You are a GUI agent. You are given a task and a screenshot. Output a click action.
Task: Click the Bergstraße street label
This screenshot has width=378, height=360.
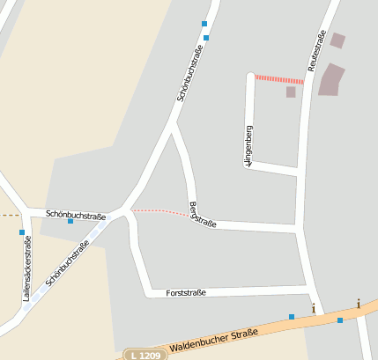203,216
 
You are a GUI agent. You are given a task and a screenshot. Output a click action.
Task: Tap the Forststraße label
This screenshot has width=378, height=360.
185,292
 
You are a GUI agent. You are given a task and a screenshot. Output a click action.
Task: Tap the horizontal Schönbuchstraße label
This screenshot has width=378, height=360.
76,215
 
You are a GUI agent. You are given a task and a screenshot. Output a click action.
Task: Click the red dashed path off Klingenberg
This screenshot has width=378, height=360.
279,79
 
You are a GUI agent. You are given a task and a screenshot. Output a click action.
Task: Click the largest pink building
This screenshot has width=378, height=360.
330,79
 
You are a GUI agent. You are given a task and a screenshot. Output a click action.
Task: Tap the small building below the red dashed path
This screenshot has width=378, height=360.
291,92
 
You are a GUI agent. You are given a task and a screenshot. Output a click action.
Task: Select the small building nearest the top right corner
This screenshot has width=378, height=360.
337,40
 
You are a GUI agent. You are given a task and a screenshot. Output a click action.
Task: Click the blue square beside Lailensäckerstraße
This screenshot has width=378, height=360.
21,232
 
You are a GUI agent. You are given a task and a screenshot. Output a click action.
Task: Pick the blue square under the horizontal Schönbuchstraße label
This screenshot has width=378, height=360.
70,221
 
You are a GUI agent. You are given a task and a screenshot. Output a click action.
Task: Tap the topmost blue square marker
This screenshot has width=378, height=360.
204,24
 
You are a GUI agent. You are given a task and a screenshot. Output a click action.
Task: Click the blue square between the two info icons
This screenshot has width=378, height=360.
340,320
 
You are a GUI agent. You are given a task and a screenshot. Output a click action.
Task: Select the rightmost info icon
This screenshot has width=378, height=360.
359,304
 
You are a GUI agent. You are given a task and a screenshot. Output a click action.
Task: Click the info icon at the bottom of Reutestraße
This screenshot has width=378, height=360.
314,308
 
